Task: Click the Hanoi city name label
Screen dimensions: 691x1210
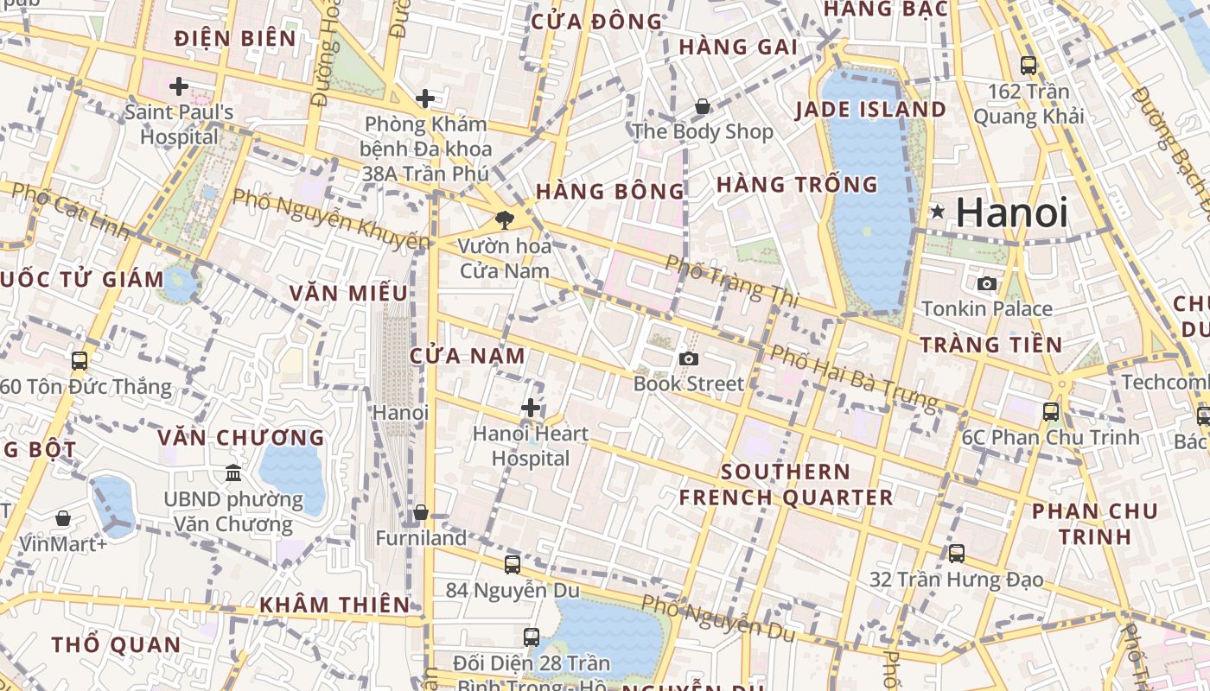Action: tap(1012, 212)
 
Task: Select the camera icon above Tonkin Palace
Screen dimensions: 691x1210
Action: tap(986, 283)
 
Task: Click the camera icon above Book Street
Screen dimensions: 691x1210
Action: tap(689, 358)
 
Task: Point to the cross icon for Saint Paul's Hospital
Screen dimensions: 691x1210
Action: tap(179, 86)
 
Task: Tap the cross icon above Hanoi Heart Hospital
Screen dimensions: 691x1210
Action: tap(531, 408)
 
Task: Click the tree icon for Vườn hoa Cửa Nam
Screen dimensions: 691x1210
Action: tap(504, 220)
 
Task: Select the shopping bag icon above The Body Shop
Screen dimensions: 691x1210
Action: tap(703, 107)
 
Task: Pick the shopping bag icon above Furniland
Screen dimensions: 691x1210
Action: tap(421, 513)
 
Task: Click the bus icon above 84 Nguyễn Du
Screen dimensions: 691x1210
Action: tap(513, 565)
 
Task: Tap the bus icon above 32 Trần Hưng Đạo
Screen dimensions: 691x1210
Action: tap(956, 554)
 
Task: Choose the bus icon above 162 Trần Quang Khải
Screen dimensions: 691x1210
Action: tap(1028, 65)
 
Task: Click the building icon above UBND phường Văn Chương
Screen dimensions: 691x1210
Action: tap(233, 473)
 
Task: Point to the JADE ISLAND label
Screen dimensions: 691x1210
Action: tap(870, 110)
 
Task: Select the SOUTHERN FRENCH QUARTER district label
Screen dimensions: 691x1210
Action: tap(786, 485)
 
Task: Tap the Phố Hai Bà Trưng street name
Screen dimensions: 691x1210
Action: tap(853, 377)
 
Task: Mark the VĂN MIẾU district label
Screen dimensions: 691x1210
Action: tap(348, 293)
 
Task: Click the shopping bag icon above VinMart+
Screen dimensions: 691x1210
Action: tap(63, 518)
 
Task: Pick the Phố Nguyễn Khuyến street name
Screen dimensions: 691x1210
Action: tap(330, 219)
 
